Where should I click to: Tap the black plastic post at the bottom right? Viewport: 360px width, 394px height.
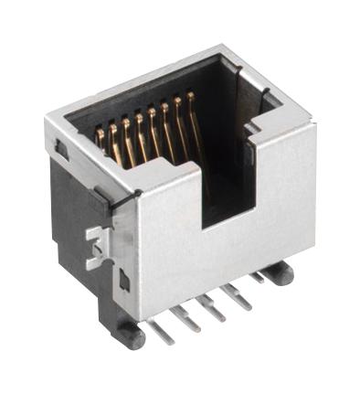[280, 272]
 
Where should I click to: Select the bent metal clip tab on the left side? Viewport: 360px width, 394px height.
[93, 245]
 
